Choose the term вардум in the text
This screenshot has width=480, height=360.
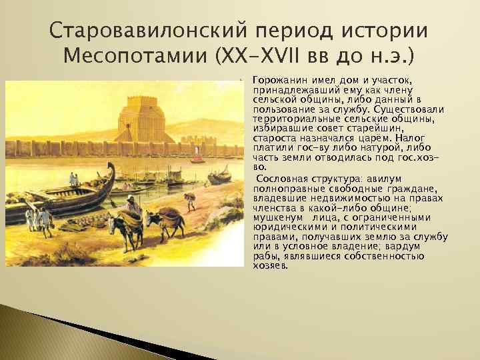pyautogui.click(x=421, y=245)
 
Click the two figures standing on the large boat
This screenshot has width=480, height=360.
pyautogui.click(x=74, y=180)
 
